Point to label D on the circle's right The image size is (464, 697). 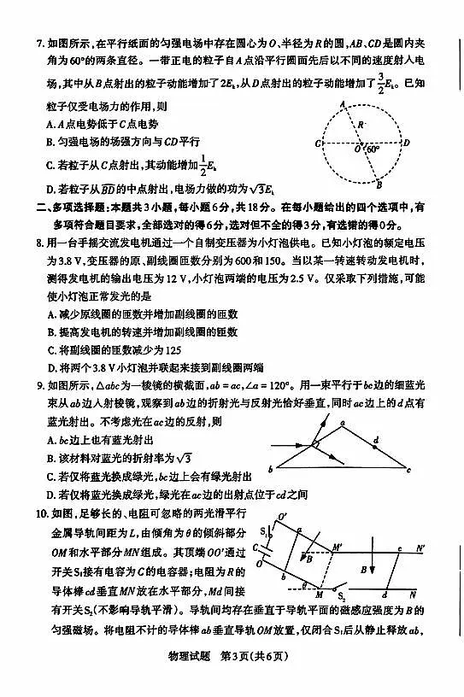(x=408, y=143)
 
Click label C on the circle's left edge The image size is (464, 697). (x=318, y=143)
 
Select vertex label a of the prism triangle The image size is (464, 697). (x=341, y=422)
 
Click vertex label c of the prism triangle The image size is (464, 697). (x=409, y=470)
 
